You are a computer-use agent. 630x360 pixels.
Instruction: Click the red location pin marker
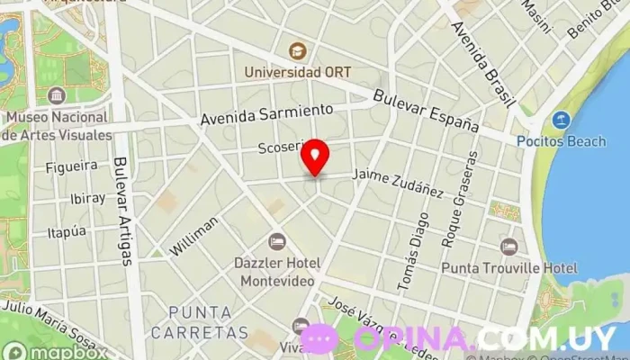point(315,158)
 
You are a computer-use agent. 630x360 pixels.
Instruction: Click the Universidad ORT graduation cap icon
point(297,50)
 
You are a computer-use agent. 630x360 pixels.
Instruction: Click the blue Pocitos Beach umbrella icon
point(561,120)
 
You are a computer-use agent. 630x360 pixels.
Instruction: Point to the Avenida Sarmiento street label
point(266,113)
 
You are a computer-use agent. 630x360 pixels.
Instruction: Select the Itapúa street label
point(67,231)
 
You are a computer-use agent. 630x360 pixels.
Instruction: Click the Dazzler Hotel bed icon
point(277,241)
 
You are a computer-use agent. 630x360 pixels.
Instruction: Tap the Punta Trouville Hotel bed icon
point(509,247)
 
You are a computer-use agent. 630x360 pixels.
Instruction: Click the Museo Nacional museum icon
point(58,96)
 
